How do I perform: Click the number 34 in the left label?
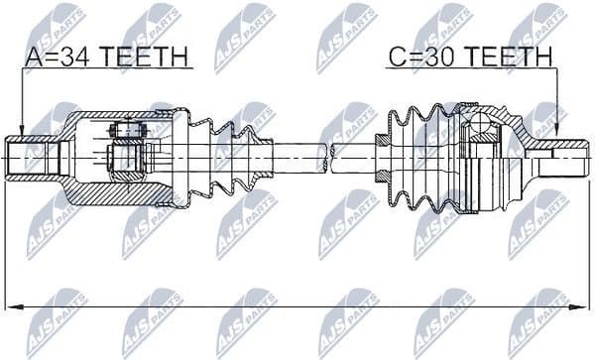74,59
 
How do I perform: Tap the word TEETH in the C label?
505,59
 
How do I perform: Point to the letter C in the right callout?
396,59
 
